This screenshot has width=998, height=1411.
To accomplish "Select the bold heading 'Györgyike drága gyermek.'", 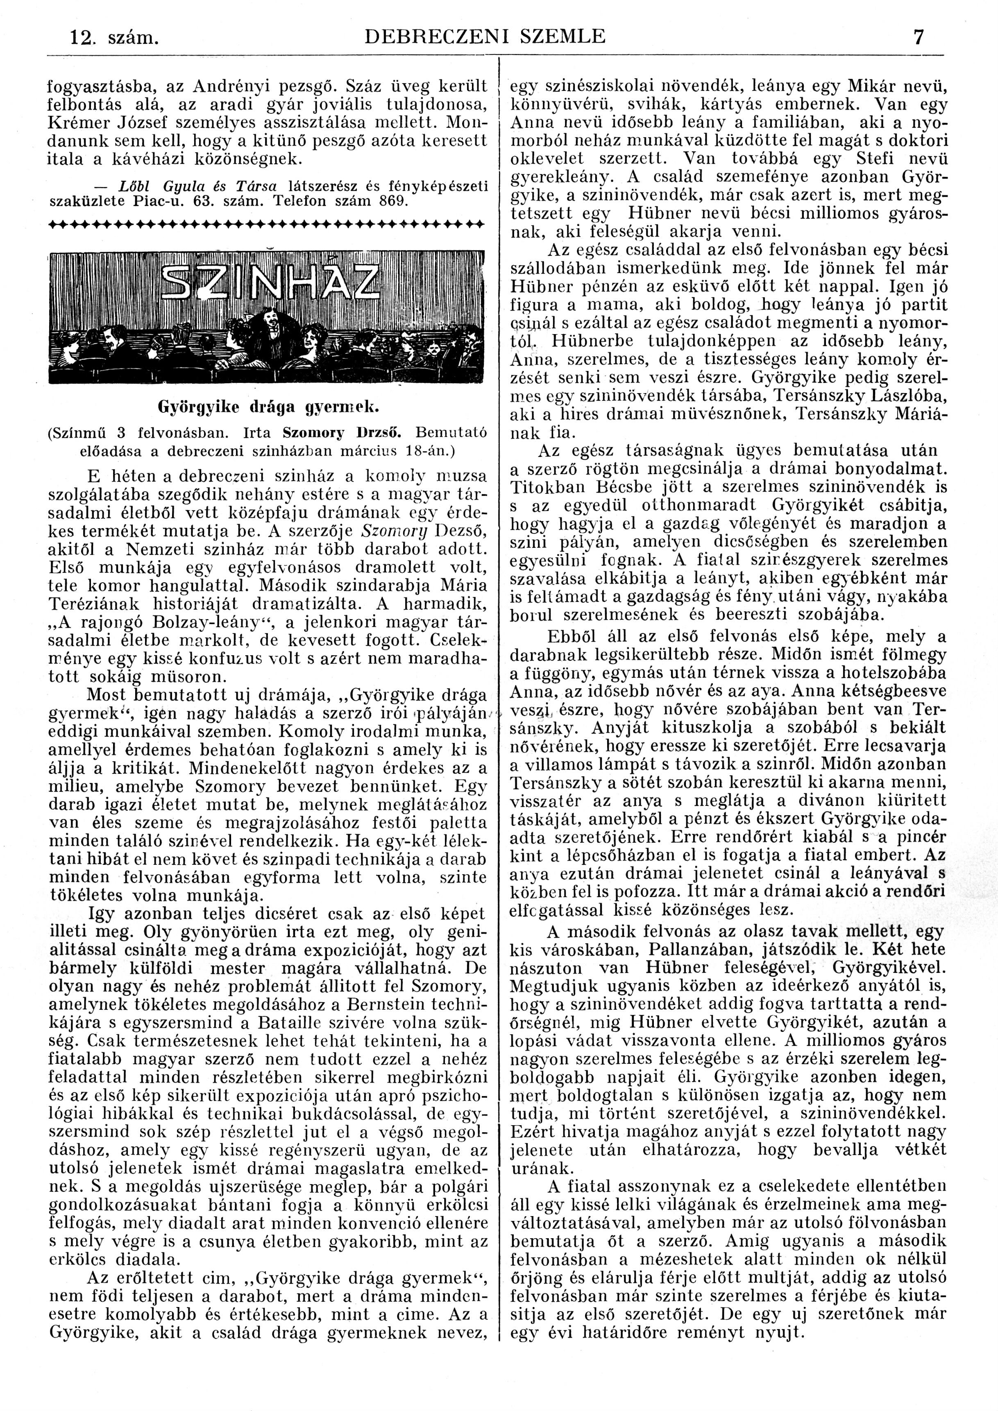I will click(x=269, y=407).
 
